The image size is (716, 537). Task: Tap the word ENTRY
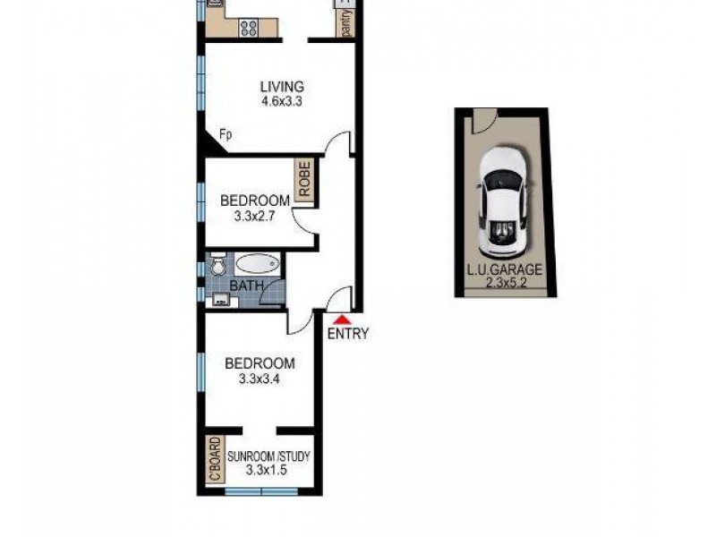(347, 335)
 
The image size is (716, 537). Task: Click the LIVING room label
(282, 87)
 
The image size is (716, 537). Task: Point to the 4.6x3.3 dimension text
(282, 102)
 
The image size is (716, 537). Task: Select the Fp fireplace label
(226, 135)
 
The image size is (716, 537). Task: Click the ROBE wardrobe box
(304, 183)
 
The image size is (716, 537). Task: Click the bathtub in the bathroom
(258, 266)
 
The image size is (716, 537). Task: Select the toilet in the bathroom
(217, 266)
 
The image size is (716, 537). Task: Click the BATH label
(246, 286)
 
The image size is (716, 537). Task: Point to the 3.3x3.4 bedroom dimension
(260, 379)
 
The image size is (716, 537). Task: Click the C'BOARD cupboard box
(214, 460)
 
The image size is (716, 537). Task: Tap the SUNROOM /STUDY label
(268, 456)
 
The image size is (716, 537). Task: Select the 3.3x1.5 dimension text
(268, 471)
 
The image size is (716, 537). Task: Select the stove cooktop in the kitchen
(247, 27)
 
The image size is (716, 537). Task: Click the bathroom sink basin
(217, 300)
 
